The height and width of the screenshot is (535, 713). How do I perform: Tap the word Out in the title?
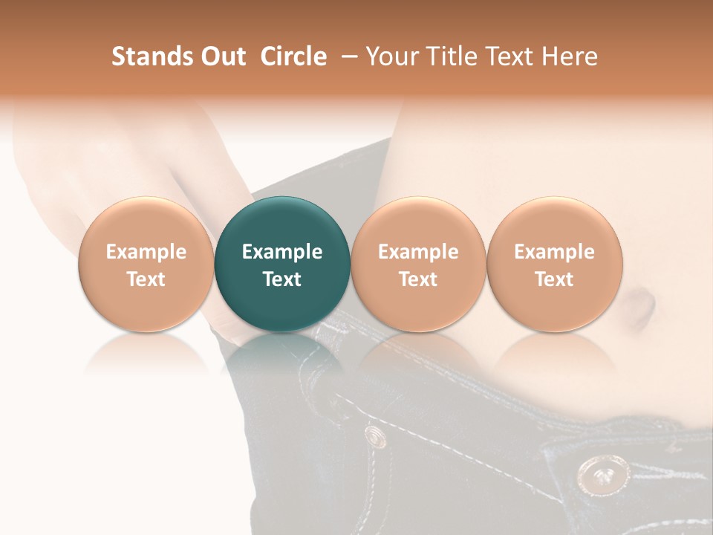click(x=221, y=56)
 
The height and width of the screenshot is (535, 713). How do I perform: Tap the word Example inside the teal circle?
click(x=282, y=252)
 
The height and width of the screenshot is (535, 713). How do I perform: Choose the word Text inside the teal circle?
click(x=282, y=279)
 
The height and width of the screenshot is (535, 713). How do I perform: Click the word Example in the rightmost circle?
click(x=555, y=252)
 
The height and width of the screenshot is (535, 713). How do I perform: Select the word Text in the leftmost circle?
click(x=146, y=279)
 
